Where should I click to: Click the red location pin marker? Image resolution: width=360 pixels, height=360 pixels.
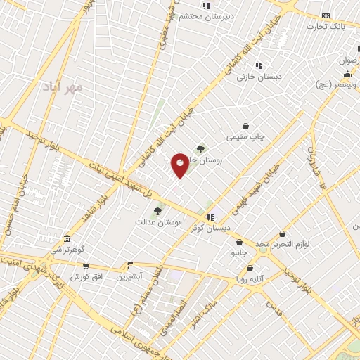point(180,165)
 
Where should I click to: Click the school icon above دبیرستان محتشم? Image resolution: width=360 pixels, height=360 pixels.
point(205,6)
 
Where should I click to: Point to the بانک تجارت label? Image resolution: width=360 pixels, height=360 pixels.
point(326,26)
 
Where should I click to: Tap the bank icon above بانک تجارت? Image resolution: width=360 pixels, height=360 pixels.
point(326,15)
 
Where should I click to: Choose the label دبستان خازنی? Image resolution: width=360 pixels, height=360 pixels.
point(259,76)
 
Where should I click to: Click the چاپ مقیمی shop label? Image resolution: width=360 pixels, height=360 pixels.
point(245,137)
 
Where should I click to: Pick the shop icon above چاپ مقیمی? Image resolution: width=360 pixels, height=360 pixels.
point(245,127)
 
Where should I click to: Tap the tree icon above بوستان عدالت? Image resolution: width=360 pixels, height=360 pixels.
point(157,211)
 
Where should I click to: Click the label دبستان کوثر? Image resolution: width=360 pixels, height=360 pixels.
point(210,228)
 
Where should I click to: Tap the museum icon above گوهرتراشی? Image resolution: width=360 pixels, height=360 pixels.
point(66,238)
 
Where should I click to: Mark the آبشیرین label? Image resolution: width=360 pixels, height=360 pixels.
point(129,276)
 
